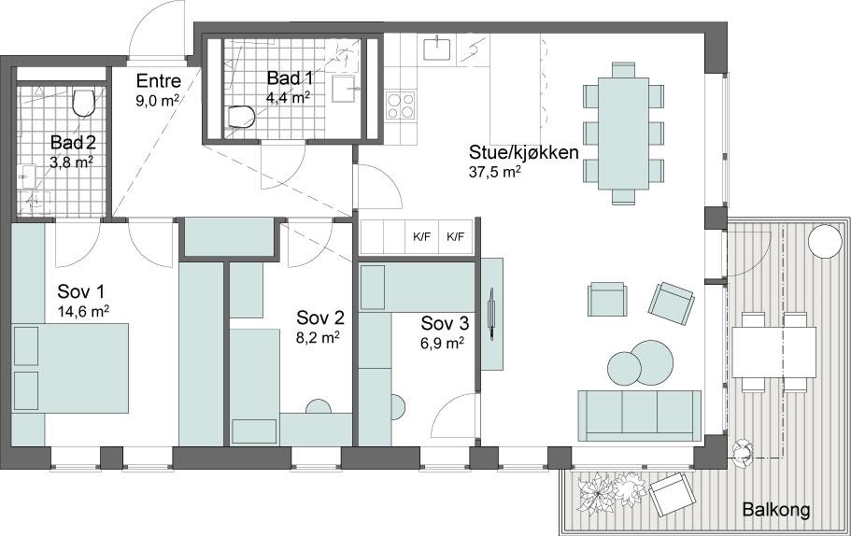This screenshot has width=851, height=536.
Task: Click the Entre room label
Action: (x=158, y=81)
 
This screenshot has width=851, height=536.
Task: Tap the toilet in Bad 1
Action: (x=239, y=117)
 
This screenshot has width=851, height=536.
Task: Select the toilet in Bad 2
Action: (x=83, y=103)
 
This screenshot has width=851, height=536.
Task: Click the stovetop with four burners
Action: (x=401, y=105)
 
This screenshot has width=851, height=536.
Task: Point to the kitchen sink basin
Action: (x=437, y=48)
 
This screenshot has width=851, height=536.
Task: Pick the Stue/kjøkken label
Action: (x=524, y=152)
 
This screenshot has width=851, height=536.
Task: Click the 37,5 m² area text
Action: (x=495, y=172)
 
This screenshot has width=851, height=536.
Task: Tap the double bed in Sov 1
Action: (x=70, y=368)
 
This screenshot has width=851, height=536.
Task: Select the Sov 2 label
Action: (x=320, y=317)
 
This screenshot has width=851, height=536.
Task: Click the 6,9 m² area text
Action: (x=443, y=343)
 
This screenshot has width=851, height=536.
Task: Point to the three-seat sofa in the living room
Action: (x=639, y=416)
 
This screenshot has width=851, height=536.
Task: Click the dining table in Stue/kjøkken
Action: (x=624, y=134)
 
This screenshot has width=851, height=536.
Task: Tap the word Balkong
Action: (x=776, y=510)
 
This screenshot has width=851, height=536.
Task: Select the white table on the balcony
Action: (x=773, y=352)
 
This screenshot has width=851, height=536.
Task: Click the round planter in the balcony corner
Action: (x=825, y=242)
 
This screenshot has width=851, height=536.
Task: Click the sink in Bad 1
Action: (x=346, y=89)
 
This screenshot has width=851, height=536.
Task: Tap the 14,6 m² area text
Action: (x=83, y=311)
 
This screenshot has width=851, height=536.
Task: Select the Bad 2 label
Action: (x=73, y=143)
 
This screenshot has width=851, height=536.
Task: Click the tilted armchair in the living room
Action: (x=672, y=303)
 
